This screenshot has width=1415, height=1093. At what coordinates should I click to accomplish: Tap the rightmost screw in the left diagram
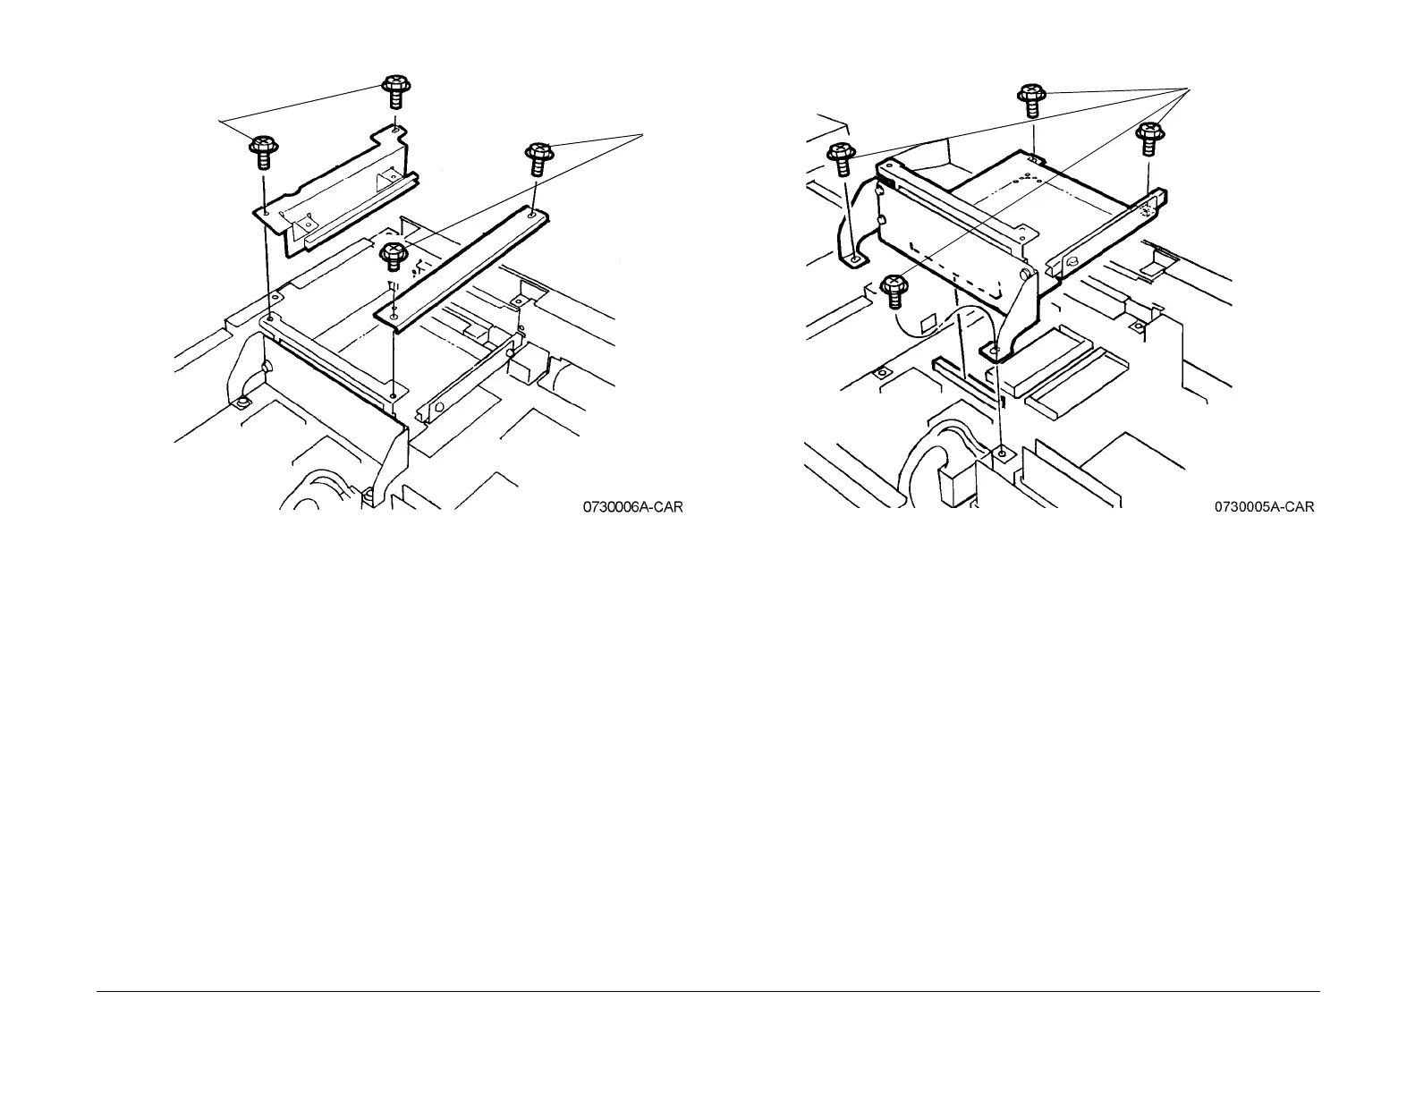[x=539, y=157]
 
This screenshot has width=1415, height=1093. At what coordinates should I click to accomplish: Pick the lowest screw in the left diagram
[x=393, y=255]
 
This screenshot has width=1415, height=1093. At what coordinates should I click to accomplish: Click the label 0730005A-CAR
[x=1264, y=508]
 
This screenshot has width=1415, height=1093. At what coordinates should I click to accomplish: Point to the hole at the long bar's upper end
[x=533, y=213]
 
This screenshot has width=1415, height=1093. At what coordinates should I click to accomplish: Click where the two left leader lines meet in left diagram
[x=220, y=118]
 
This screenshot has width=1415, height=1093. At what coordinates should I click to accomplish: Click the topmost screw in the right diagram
[x=1032, y=98]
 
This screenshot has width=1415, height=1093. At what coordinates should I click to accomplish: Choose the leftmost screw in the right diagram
[x=840, y=158]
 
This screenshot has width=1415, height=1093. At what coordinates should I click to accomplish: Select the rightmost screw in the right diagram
[x=1148, y=140]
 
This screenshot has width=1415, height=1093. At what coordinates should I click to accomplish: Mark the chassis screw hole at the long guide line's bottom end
[x=1002, y=453]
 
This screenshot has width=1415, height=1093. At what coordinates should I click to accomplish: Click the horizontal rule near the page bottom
[x=707, y=990]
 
